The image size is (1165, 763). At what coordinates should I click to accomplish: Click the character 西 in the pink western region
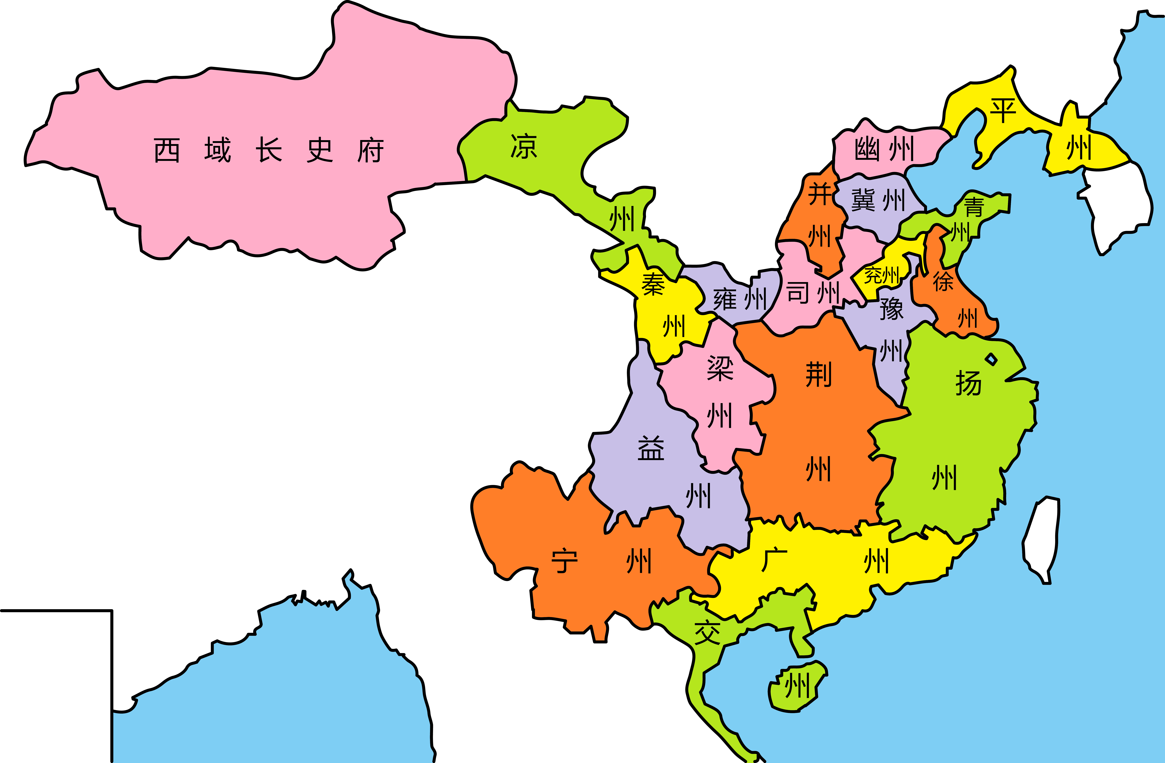coord(167,150)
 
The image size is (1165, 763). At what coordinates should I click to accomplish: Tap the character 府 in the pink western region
coord(370,150)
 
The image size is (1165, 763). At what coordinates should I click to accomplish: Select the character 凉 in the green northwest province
coord(524,146)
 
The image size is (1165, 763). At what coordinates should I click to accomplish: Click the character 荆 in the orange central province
coord(818,375)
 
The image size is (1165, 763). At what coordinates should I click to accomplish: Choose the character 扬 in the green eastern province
coord(968,383)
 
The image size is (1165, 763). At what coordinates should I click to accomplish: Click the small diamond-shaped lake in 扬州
coord(991,360)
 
